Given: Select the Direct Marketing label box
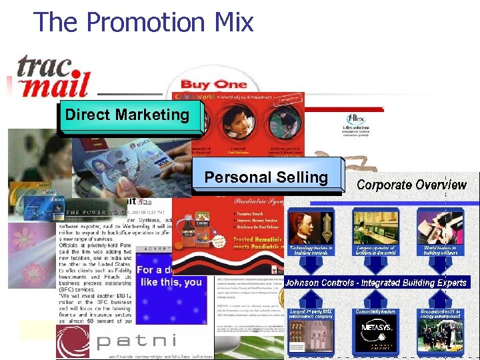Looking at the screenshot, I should tap(127, 115).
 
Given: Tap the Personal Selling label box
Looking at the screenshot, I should tap(266, 177).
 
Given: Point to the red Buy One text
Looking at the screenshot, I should tap(213, 84).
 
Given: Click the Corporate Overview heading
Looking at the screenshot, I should tap(411, 185).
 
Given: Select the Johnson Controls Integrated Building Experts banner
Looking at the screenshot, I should tap(376, 283).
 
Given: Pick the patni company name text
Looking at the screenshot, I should tap(137, 341).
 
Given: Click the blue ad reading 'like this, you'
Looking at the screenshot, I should tap(169, 276).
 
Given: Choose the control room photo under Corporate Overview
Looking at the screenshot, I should tap(376, 227).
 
